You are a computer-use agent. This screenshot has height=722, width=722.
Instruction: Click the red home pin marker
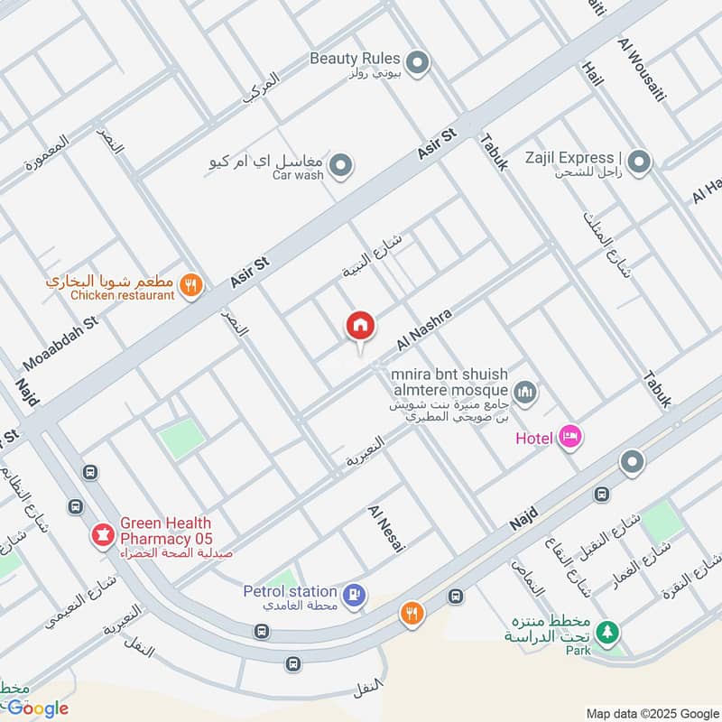360,326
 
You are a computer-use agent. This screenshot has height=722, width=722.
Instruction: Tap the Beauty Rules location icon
416,62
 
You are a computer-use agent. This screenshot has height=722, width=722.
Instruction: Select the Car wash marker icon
340,165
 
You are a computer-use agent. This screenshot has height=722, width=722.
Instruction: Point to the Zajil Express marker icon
639,162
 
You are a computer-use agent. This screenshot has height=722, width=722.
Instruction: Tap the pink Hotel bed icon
570,438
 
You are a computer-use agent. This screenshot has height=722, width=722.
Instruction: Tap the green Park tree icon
609,633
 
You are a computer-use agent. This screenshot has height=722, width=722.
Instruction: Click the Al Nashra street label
423,330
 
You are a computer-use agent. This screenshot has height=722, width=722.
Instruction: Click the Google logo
37,708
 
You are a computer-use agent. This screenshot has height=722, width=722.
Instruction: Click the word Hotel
533,439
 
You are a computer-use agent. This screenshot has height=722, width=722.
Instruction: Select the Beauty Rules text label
355,58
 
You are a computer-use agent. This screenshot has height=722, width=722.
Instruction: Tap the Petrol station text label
290,591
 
